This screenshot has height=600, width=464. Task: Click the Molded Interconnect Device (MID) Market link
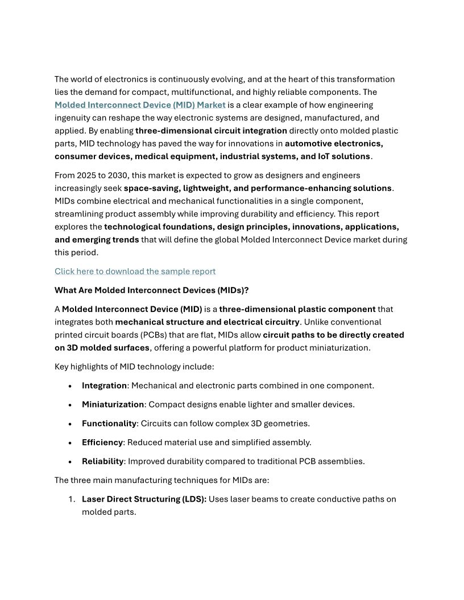[x=140, y=105]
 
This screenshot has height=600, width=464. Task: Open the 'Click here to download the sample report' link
[x=135, y=272]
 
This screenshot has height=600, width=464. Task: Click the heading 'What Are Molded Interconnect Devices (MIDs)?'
[x=151, y=290]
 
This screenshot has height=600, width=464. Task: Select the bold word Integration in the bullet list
[x=104, y=386]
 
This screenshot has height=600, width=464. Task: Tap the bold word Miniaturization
[x=113, y=405]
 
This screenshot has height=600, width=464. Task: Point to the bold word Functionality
[x=109, y=423]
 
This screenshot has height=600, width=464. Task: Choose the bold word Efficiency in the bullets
[x=102, y=442]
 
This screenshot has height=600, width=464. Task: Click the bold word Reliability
[x=103, y=461]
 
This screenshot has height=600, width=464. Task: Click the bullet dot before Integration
[x=70, y=386]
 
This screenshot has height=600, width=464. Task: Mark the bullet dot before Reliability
[x=70, y=462]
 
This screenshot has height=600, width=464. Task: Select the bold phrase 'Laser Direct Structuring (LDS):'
[x=144, y=499]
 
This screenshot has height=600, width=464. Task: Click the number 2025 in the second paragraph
[x=86, y=175]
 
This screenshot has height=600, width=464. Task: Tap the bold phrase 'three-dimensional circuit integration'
[x=211, y=131]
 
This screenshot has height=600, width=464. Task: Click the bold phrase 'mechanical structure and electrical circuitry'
[x=207, y=322]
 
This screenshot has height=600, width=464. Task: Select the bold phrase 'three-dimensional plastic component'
[x=297, y=310]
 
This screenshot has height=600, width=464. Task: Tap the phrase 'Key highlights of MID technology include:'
[x=134, y=367]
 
